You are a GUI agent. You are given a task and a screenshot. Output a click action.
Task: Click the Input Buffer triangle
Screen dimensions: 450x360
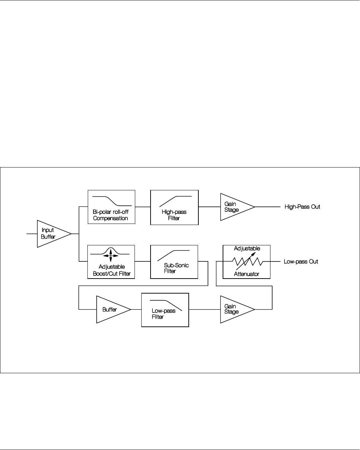(52, 234)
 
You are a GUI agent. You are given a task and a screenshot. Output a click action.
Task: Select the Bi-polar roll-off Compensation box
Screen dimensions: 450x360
(111, 207)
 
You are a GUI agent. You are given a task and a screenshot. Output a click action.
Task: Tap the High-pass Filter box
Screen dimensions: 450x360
(174, 207)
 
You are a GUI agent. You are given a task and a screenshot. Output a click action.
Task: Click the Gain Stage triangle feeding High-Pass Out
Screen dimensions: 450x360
(234, 207)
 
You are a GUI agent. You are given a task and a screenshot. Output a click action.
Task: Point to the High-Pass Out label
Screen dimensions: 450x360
(302, 207)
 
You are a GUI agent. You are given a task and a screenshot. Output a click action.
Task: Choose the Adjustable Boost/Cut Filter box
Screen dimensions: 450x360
(111, 262)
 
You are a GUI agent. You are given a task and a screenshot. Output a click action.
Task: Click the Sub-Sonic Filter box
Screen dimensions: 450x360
(174, 262)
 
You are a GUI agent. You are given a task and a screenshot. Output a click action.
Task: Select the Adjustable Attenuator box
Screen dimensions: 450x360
(246, 262)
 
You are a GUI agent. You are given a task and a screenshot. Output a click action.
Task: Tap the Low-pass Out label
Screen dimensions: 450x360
(301, 262)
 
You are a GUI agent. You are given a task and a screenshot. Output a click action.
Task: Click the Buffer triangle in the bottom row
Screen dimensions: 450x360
(111, 309)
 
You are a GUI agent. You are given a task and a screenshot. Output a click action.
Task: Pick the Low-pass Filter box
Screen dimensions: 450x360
(165, 310)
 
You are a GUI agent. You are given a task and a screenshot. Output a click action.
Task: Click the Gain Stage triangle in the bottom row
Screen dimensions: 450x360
(234, 309)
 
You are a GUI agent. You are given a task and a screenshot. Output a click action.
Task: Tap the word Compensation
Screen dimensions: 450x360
(110, 218)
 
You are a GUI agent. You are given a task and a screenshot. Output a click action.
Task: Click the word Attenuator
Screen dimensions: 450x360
(246, 274)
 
